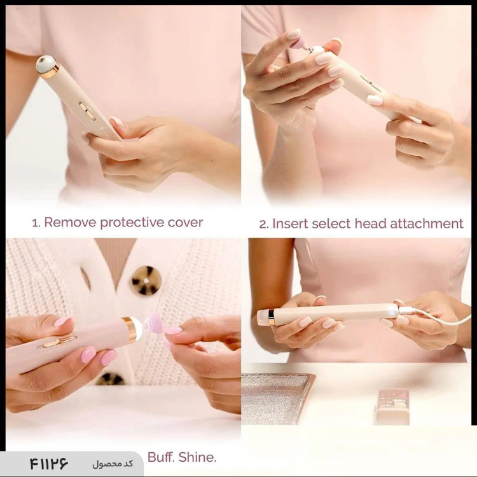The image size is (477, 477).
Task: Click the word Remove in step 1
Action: tap(70, 223)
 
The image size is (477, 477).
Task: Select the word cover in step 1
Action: tap(185, 223)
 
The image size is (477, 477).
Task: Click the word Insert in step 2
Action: tap(290, 224)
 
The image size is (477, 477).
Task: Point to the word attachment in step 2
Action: tap(427, 224)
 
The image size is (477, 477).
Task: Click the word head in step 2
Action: tap(371, 224)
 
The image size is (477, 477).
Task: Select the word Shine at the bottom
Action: tap(197, 457)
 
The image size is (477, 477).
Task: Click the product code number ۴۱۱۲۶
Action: tap(49, 464)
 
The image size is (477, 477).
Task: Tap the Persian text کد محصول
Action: tap(113, 464)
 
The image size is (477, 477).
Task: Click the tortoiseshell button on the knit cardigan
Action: tap(146, 280)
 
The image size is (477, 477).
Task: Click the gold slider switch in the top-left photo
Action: tap(87, 111)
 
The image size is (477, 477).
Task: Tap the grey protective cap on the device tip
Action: tap(46, 64)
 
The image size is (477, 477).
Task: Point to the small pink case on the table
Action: tap(393, 407)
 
